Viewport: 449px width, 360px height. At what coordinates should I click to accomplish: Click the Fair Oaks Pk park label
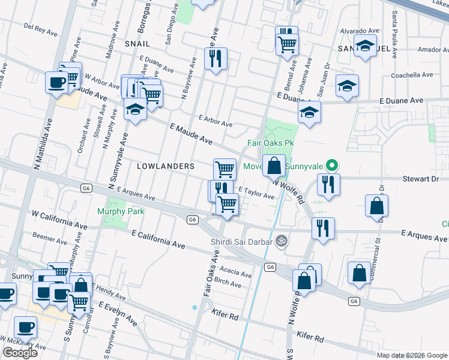pos(270,143)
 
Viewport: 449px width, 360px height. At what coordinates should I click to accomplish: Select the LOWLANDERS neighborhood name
pos(166,166)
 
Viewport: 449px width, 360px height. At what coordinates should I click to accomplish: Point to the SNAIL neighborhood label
pos(137,44)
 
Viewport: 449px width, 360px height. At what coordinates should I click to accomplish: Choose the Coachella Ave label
pos(411,75)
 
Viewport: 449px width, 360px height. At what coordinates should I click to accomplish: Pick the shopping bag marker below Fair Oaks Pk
pos(274,166)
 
